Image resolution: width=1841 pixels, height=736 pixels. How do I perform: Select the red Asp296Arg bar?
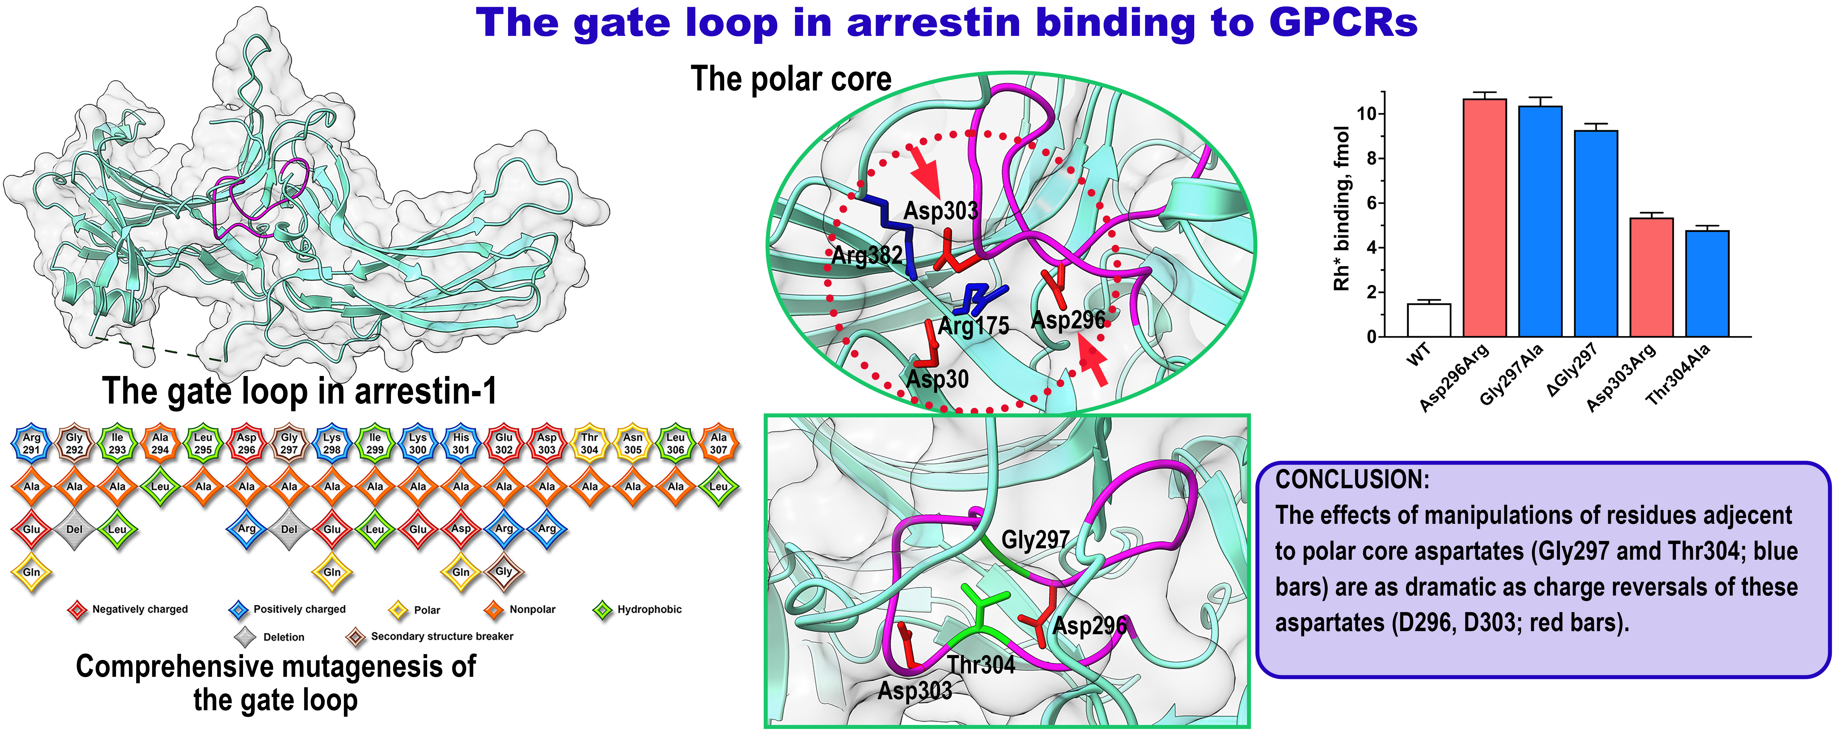click(1484, 218)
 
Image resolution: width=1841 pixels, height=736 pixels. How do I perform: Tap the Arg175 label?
click(973, 327)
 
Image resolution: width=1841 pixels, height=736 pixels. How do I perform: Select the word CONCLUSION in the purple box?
click(1352, 479)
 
